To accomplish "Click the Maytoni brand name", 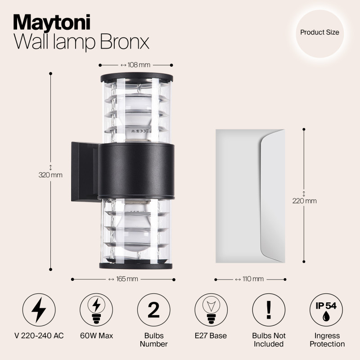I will coord(52,21).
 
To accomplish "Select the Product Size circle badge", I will coord(319,32).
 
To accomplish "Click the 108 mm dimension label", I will coord(136,65).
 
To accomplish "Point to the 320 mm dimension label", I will coord(50,175).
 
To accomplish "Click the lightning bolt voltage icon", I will coord(39,310).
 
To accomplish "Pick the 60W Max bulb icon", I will coord(96,310).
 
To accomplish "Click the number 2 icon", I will coord(154,310).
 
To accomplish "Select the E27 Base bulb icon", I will coord(211,310).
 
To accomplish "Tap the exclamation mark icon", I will coord(269,310).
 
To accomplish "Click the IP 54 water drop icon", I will coord(326,310).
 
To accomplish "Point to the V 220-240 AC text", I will coord(39,336).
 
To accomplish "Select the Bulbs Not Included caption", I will coord(269,340).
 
